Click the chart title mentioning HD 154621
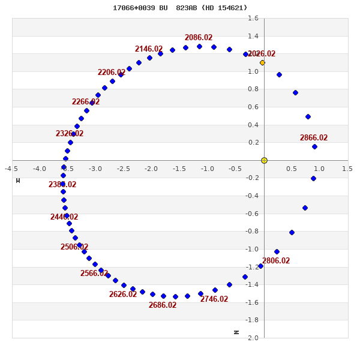point(180,8)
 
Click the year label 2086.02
point(199,37)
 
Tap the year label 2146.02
point(149,49)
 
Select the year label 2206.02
point(112,73)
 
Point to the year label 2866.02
point(314,137)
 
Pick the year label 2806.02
point(276,260)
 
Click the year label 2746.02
point(214,299)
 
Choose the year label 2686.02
point(163,305)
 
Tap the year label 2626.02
point(123,294)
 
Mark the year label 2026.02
point(262,53)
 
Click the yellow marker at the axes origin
point(264,160)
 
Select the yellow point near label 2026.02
point(262,62)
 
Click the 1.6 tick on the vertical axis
point(253,18)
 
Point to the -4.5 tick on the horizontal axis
point(11,169)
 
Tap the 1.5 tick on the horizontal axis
point(347,169)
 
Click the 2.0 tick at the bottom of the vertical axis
point(253,338)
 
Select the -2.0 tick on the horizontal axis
point(151,169)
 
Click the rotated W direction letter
point(18,180)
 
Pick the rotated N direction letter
point(236,332)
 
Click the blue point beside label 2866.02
point(314,146)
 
